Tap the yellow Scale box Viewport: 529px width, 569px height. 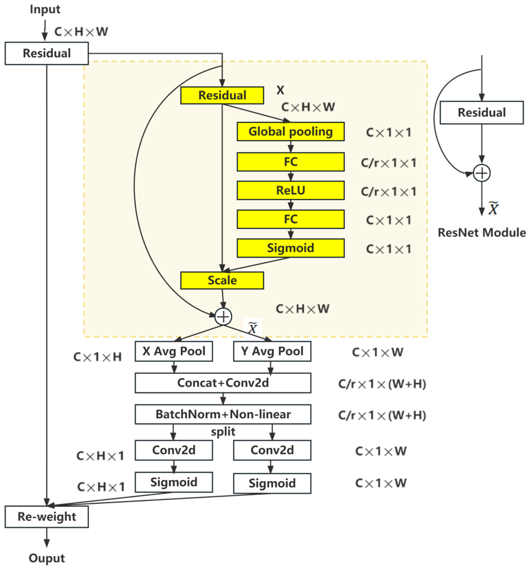(222, 280)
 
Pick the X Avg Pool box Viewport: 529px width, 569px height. (174, 351)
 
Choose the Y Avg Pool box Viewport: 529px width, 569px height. (272, 351)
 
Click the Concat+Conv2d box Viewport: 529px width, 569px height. (223, 383)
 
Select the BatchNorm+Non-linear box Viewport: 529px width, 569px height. (223, 414)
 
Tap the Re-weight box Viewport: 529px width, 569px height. (47, 517)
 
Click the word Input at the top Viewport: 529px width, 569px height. (45, 9)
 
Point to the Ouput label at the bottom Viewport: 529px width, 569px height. (47, 558)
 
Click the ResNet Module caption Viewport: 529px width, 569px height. (482, 233)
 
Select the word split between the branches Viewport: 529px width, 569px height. (223, 431)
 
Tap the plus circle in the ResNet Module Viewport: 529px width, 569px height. (482, 173)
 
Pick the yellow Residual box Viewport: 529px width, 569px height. (222, 95)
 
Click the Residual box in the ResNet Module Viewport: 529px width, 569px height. (482, 112)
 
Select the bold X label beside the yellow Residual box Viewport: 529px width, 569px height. (280, 90)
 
